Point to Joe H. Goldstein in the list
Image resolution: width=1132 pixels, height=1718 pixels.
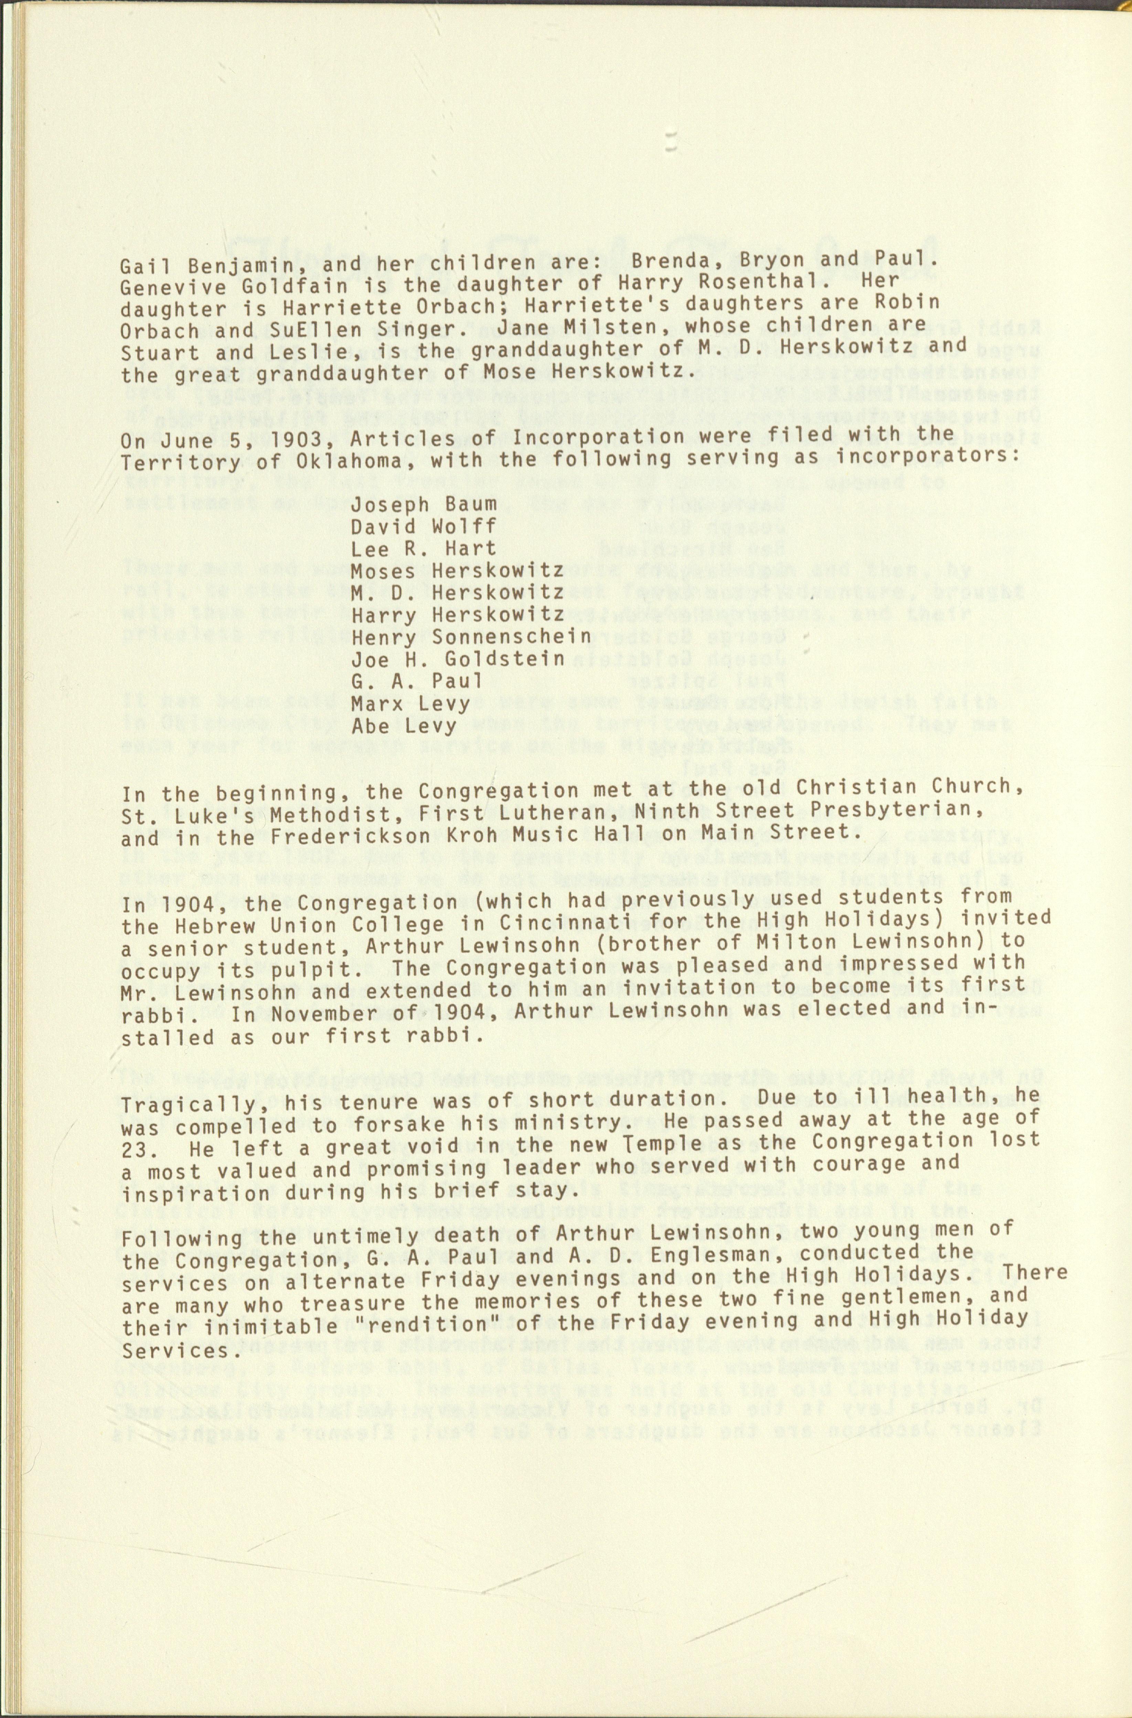[x=458, y=659]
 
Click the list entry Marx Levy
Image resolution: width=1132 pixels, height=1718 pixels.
[x=411, y=703]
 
